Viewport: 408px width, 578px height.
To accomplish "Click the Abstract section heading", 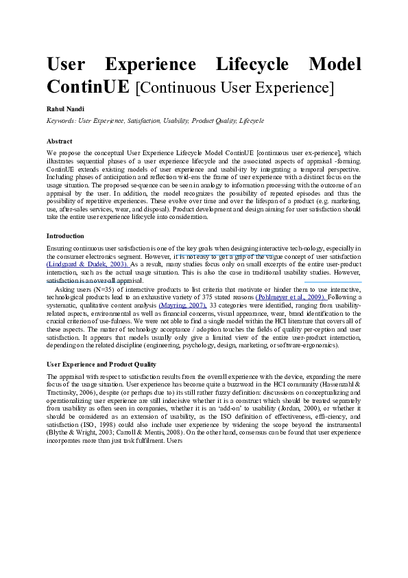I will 60,141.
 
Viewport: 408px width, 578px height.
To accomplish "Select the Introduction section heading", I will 66,235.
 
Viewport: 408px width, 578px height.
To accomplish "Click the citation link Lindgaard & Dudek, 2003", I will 87,264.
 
